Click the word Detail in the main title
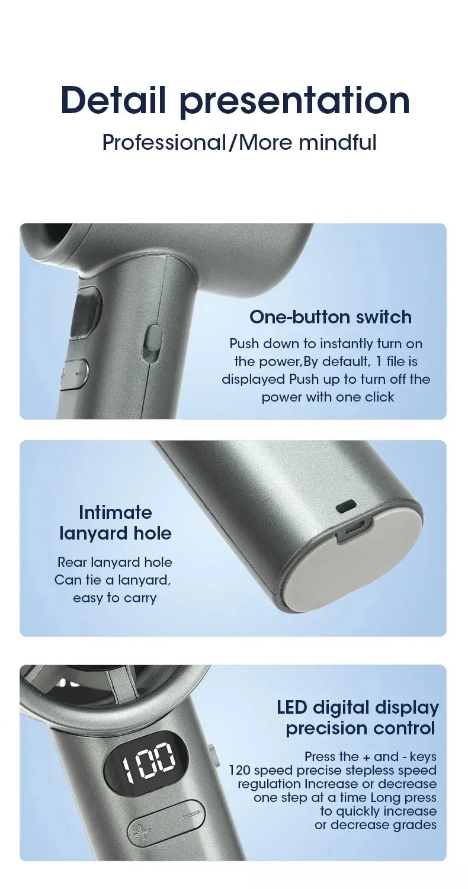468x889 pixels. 113,100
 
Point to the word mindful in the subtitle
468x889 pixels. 338,142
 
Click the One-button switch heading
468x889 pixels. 330,317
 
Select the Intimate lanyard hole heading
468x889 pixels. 115,523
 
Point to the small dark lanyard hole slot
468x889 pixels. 345,506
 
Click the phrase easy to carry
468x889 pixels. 115,598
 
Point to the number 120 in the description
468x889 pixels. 239,771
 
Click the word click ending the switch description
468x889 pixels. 380,397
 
